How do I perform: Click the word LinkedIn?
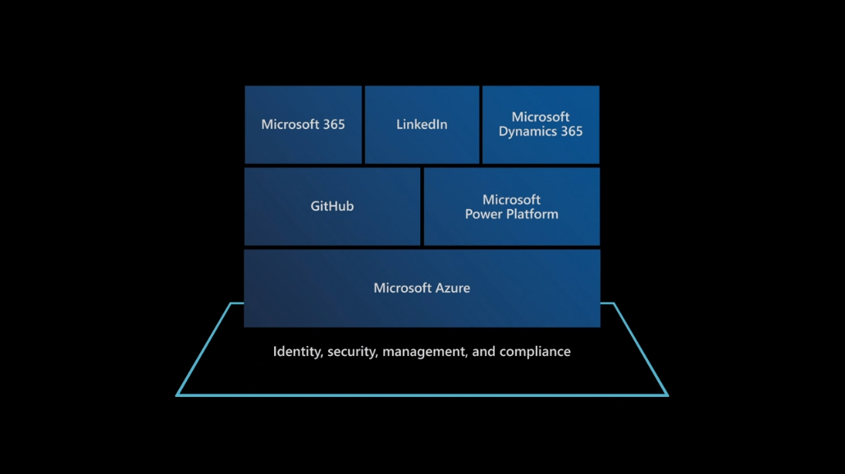422,125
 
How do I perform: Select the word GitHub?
332,207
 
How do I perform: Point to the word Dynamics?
528,132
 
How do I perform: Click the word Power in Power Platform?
482,214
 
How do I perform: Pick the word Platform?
531,214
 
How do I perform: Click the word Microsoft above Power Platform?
511,200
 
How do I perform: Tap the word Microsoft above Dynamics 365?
541,117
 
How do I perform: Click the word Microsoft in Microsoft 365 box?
290,125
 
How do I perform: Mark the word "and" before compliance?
484,352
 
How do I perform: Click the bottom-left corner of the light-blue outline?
177,395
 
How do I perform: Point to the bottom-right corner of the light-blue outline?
667,395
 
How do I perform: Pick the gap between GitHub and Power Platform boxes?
422,207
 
